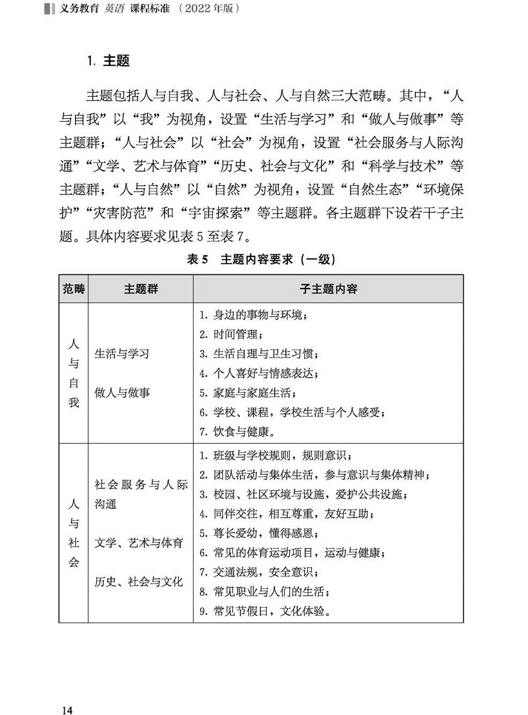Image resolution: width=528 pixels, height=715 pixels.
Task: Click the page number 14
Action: [x=67, y=710]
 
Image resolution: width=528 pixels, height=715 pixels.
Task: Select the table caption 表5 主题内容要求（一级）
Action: [x=261, y=260]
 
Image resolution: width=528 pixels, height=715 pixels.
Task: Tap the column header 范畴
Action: [x=73, y=289]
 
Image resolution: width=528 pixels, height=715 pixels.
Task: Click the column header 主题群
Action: [x=141, y=289]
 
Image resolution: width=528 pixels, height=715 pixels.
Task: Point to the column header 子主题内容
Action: [x=328, y=289]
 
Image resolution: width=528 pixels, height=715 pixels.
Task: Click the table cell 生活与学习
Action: [x=122, y=354]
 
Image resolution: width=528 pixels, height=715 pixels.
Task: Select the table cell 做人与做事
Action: [x=122, y=393]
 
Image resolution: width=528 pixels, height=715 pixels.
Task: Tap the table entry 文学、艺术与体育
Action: [x=139, y=543]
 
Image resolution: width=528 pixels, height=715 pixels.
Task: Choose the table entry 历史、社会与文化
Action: [x=139, y=582]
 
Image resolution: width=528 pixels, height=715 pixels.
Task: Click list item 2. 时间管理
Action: [x=231, y=335]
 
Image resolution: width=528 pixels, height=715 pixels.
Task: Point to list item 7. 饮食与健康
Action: [x=237, y=432]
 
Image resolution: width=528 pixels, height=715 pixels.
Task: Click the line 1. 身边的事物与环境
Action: [x=254, y=315]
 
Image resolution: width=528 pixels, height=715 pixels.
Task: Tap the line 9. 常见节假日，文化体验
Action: [x=265, y=611]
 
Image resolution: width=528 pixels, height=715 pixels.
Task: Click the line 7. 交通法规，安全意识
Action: [x=259, y=572]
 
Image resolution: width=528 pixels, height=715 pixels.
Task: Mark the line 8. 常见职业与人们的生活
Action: [x=265, y=592]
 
